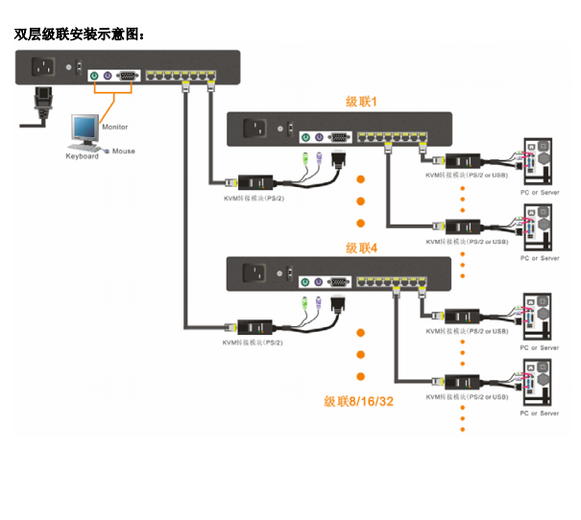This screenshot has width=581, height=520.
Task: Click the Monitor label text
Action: coord(114,127)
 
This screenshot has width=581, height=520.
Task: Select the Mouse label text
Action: coord(124,151)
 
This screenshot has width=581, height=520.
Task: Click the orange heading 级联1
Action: coord(362,100)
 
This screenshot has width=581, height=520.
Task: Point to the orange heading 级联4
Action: coord(362,248)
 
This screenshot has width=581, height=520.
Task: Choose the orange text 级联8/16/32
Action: coord(358,401)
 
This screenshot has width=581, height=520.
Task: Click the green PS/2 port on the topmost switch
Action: coord(94,76)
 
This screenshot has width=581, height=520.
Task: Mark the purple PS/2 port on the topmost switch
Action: coord(109,76)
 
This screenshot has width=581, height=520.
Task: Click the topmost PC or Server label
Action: coord(540,193)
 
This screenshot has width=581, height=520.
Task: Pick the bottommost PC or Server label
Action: coord(540,414)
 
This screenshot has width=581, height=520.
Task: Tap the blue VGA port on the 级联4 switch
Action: coord(338,282)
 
